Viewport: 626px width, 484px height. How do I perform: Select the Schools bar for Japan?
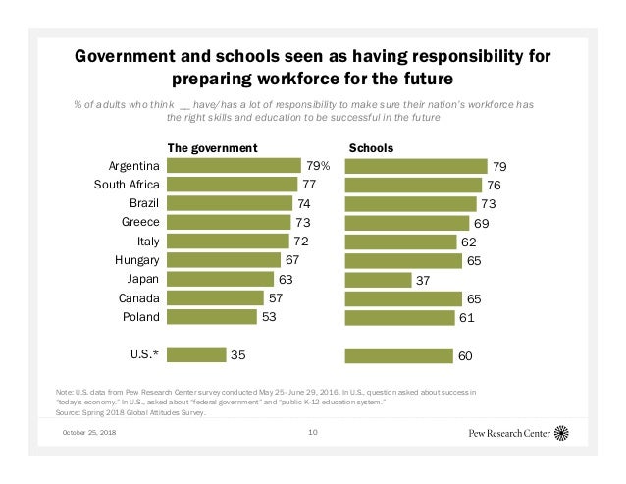(378, 280)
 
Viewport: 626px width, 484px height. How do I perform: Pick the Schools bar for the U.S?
(397, 354)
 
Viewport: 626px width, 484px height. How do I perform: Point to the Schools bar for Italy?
(401, 242)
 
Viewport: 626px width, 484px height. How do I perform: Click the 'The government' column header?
(212, 148)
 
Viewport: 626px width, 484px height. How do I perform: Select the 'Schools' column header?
(371, 148)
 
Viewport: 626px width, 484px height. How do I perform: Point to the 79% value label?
(318, 166)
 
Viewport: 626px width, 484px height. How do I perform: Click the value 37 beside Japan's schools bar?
(425, 280)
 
